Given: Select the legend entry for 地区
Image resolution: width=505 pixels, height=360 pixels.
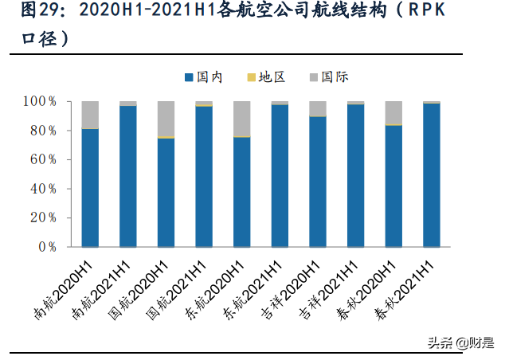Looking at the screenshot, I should (x=266, y=77).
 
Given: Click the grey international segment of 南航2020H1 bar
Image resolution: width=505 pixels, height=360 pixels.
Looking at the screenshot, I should (x=90, y=115).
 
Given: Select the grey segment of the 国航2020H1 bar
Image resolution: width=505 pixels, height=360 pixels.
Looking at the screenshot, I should (x=166, y=119).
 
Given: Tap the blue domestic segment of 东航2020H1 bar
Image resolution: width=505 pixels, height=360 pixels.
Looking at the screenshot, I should (x=242, y=192).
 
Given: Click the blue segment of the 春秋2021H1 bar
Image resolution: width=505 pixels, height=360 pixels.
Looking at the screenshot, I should (x=432, y=175).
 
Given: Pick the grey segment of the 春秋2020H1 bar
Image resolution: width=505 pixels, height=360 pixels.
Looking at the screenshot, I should (x=393, y=112).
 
